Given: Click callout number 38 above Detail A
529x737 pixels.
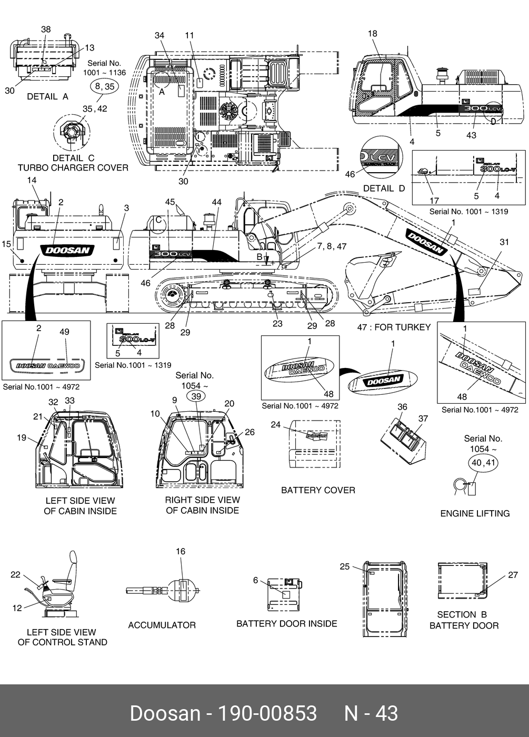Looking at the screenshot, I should coord(46,29).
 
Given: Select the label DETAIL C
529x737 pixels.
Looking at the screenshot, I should coord(73,158).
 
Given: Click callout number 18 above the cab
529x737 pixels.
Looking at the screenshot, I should coord(372,34).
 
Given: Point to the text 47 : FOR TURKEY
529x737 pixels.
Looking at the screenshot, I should coord(394,327).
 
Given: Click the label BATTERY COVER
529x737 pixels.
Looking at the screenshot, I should coord(318,490).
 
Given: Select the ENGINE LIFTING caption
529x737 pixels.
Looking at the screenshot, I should coord(475,513).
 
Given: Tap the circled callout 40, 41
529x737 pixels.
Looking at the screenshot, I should coord(483,463).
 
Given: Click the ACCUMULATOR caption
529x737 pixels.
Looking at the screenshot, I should coord(162,625).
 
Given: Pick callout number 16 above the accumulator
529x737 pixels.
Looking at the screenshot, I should coord(181,551).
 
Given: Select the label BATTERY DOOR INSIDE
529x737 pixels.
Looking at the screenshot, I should coord(286,623).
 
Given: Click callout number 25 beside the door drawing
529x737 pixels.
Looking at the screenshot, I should coord(344,566).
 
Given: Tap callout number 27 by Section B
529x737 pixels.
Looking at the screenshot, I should coord(513,575).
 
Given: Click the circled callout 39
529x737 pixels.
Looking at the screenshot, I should coord(196,396).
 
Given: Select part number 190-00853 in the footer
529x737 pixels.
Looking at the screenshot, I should coord(267,713).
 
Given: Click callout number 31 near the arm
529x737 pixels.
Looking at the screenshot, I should coord(504,242).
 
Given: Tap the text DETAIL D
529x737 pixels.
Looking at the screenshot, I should coord(384,188).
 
